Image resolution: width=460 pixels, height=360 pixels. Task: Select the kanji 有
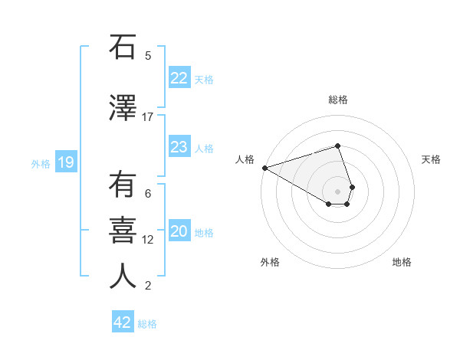[123, 185]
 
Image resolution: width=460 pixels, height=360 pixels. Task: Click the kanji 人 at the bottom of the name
[123, 277]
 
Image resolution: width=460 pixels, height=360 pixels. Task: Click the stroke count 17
[148, 116]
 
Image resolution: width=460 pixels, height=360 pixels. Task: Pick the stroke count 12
[148, 240]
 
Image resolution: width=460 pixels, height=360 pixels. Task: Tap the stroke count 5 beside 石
[148, 55]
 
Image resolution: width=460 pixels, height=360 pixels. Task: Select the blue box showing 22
[179, 77]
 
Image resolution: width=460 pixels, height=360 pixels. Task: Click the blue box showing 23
[179, 147]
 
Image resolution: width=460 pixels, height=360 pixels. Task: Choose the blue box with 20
[179, 232]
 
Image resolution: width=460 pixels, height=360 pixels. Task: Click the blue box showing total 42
[123, 322]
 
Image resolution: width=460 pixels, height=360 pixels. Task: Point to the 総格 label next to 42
[147, 324]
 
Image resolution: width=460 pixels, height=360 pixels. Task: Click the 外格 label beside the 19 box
[41, 163]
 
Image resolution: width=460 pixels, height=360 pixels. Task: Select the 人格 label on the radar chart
[245, 159]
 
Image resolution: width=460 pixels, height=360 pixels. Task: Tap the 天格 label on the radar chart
[431, 159]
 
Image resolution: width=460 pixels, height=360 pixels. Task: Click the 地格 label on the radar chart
[402, 262]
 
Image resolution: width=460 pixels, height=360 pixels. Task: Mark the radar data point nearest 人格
[264, 167]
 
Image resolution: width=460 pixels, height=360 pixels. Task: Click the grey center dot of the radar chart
[337, 191]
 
